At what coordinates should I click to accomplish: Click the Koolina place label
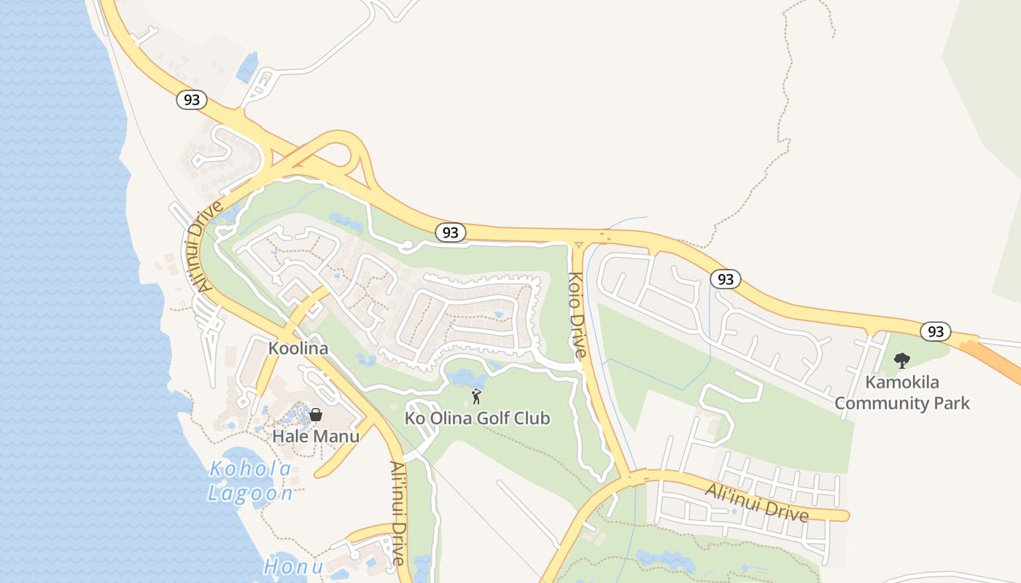pos(298,348)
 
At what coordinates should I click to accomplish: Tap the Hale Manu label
pos(316,437)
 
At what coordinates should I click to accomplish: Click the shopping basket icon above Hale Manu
pos(316,415)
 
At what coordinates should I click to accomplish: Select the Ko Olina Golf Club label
pos(477,418)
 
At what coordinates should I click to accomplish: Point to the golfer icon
pos(476,396)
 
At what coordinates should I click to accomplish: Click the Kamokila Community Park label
pos(902,393)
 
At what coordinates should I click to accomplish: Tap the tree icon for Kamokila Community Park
pos(902,360)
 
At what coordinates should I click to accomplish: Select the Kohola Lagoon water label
pos(250,481)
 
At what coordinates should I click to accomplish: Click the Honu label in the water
pos(293,566)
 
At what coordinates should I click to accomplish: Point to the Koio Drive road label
pos(576,313)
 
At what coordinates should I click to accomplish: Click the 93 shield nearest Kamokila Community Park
pos(935,332)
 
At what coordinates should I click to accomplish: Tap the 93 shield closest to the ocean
pos(191,100)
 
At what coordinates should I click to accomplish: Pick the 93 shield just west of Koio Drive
pos(451,232)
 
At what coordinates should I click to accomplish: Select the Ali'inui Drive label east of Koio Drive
pos(757,503)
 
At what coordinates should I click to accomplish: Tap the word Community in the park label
pos(902,403)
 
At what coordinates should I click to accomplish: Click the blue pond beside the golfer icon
pos(465,378)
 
